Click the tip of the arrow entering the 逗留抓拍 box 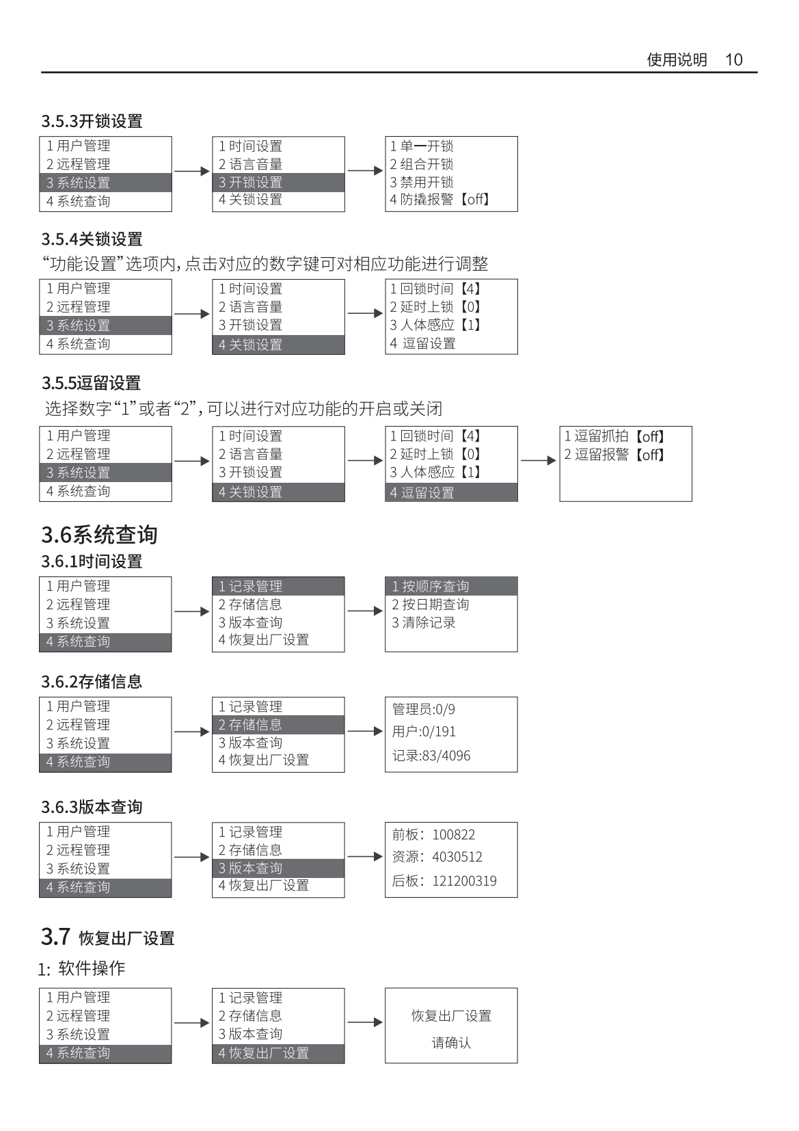tap(556, 460)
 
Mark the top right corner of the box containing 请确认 tap(517, 988)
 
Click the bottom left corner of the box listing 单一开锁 tap(385, 211)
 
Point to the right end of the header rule tap(757, 72)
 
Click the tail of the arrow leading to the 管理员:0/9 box tap(348, 731)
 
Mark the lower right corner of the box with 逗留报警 tap(692, 501)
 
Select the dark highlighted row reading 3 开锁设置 tap(279, 183)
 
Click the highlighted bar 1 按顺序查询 tap(451, 586)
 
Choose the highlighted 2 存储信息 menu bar tap(279, 725)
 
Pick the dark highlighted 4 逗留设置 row tap(451, 492)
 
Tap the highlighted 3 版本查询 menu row tap(279, 868)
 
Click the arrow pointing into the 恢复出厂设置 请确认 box tap(365, 1022)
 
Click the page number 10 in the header tap(734, 59)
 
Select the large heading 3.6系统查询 tap(99, 535)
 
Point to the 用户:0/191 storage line tap(424, 732)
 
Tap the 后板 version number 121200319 tap(464, 881)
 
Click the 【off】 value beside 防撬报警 tap(475, 200)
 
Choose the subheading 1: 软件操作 tap(82, 968)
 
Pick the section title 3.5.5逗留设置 tap(92, 383)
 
